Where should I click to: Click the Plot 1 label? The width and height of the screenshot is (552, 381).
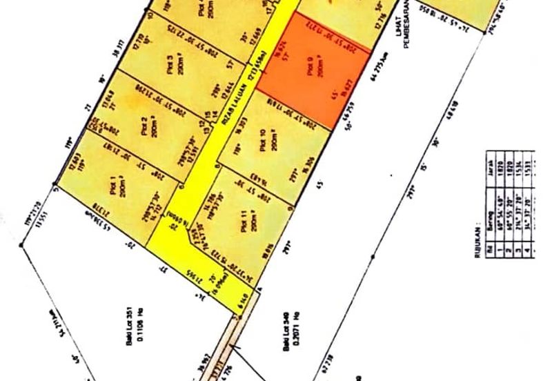pos(112,186)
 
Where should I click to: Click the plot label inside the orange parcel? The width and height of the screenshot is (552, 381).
pos(310,68)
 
